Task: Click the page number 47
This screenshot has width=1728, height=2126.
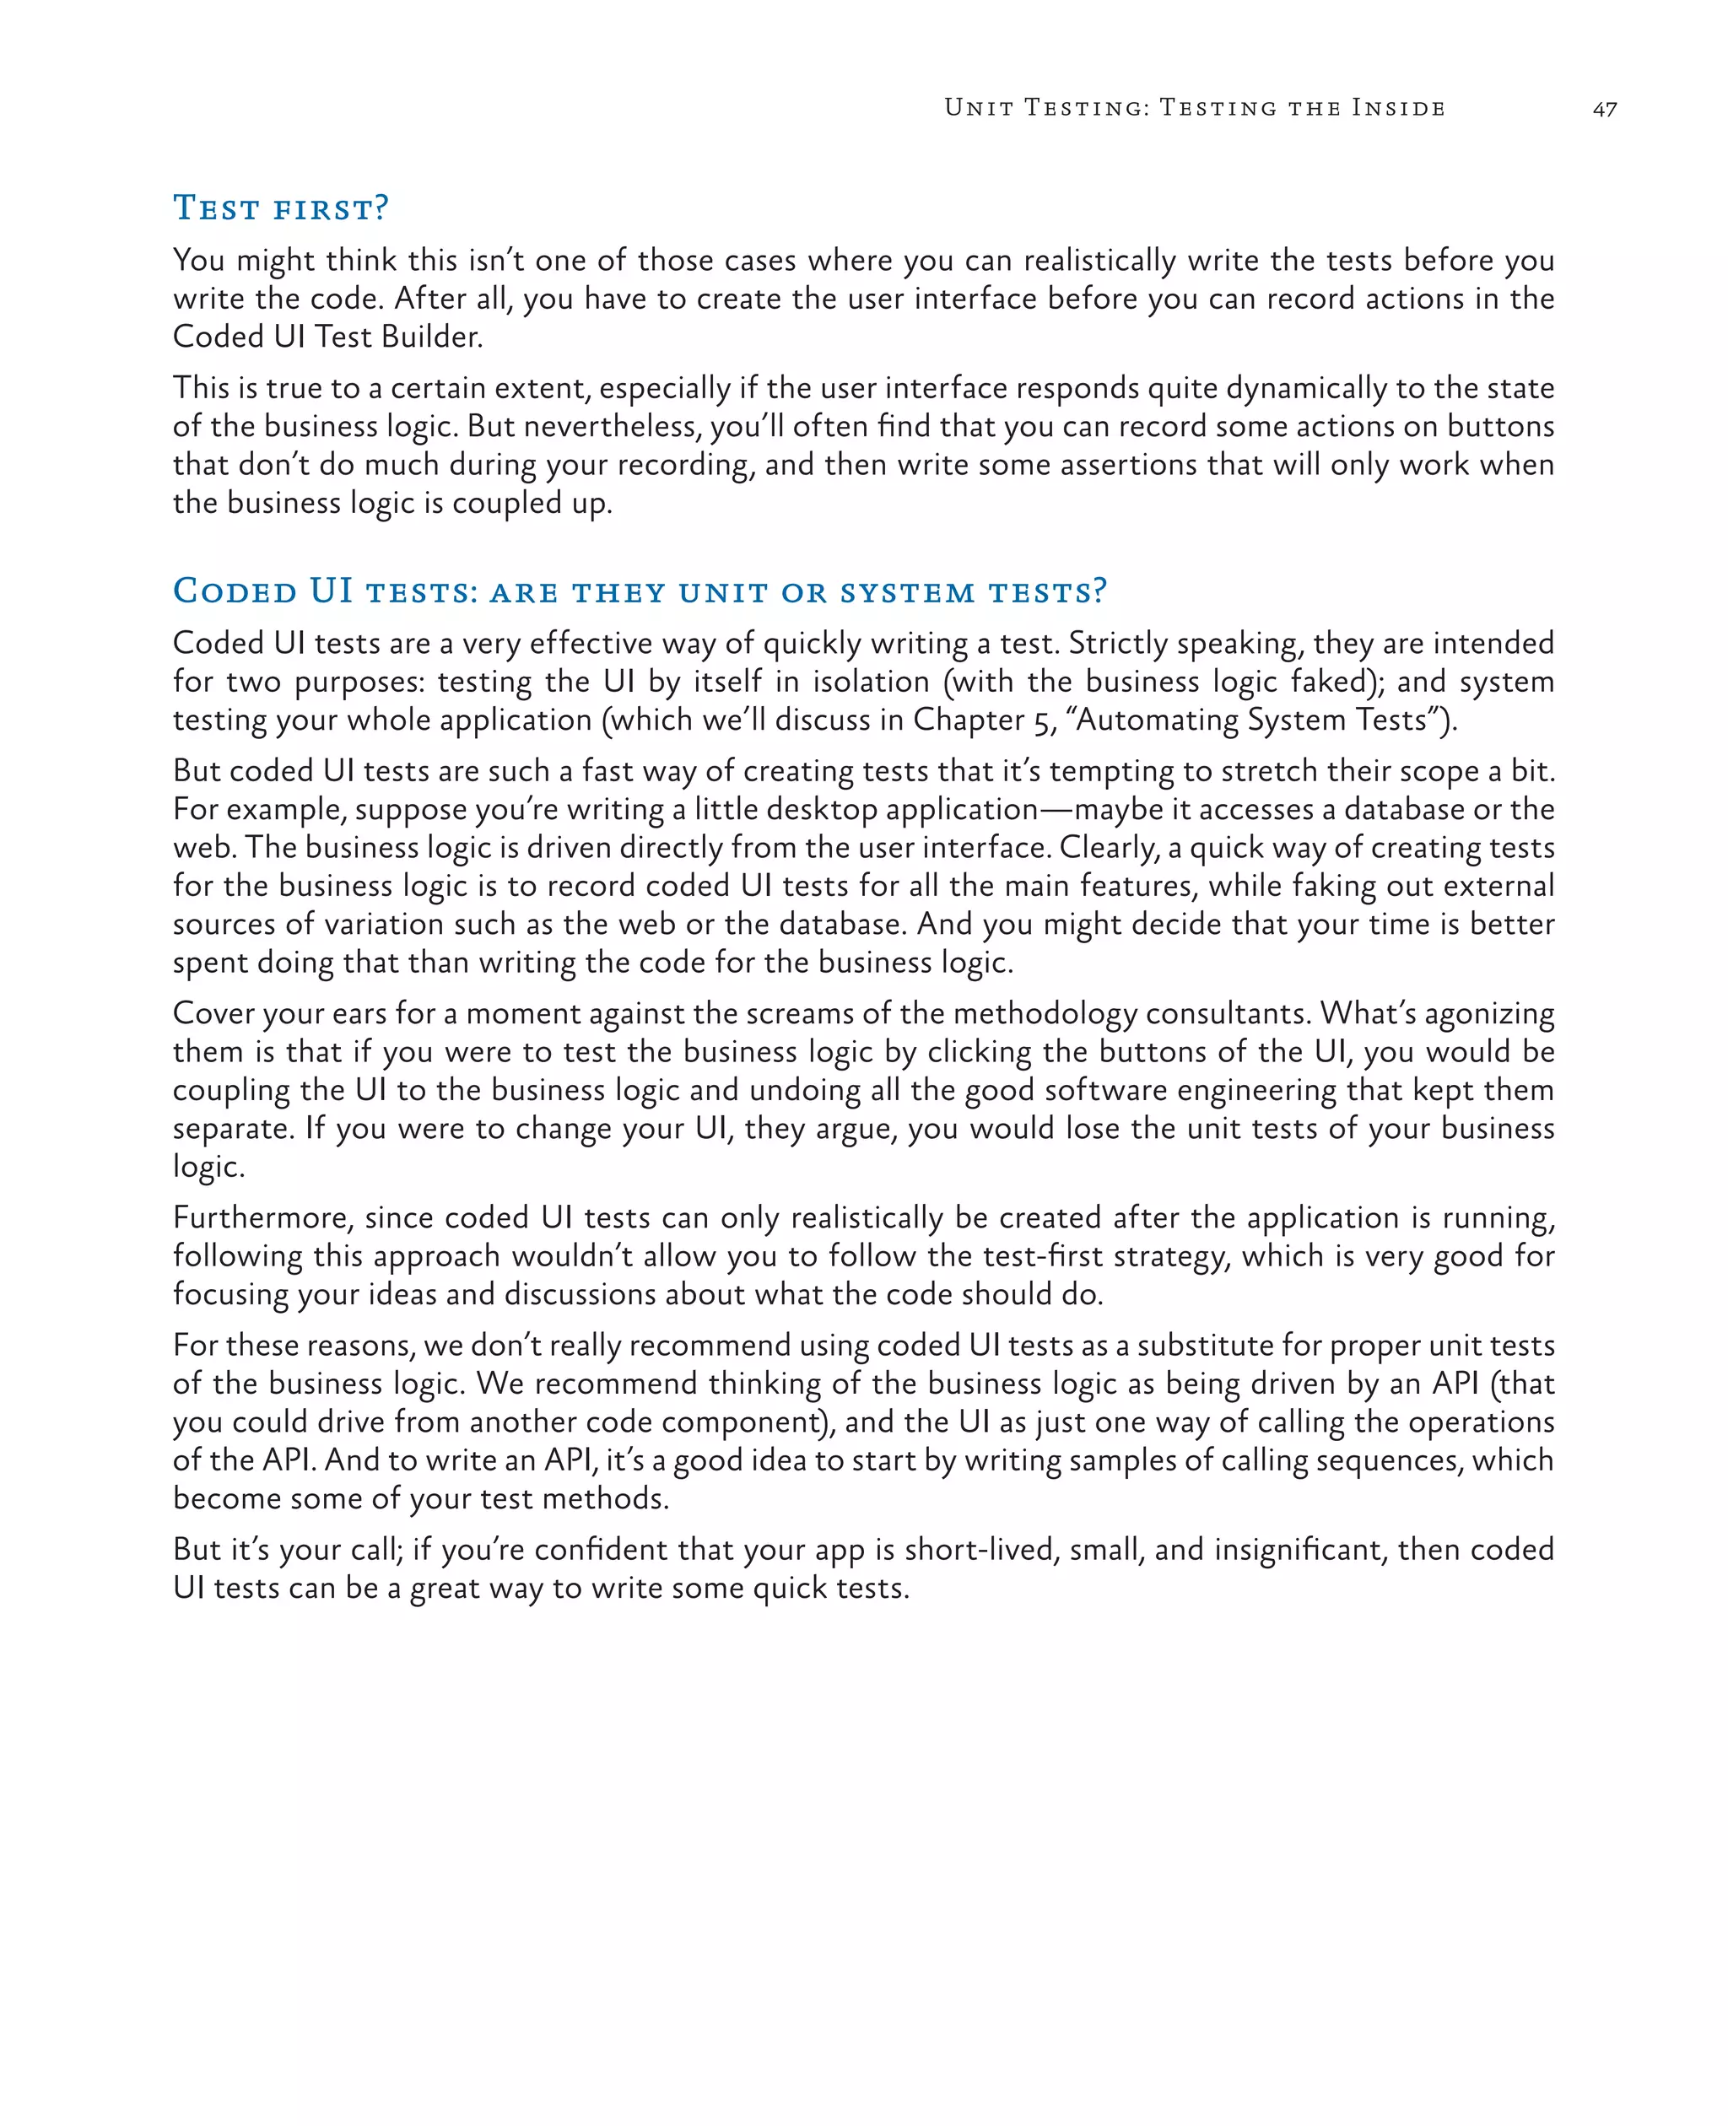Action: [x=1604, y=110]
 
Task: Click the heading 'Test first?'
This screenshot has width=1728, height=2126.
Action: [x=281, y=208]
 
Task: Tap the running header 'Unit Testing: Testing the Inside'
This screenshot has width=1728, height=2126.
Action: [x=1195, y=107]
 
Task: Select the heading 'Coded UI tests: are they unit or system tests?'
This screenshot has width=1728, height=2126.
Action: [x=639, y=591]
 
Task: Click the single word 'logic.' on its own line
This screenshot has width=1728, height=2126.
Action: [x=209, y=1167]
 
